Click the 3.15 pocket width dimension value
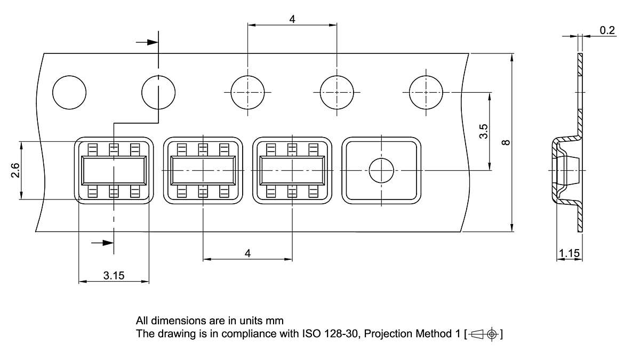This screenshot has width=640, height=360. (114, 275)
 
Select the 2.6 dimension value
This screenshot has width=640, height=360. (15, 171)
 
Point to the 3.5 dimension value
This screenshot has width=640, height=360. (483, 132)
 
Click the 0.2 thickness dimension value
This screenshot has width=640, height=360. (607, 30)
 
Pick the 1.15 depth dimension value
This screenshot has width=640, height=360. (569, 253)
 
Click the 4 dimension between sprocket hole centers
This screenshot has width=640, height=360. (292, 19)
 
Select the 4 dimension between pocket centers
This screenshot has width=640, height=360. (247, 253)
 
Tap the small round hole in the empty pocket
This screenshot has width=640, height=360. (381, 171)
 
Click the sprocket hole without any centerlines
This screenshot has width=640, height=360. (69, 92)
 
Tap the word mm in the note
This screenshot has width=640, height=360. (276, 321)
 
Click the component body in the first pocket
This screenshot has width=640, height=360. (113, 171)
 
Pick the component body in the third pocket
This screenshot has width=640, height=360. (292, 171)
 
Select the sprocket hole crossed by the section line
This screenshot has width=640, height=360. (158, 92)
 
